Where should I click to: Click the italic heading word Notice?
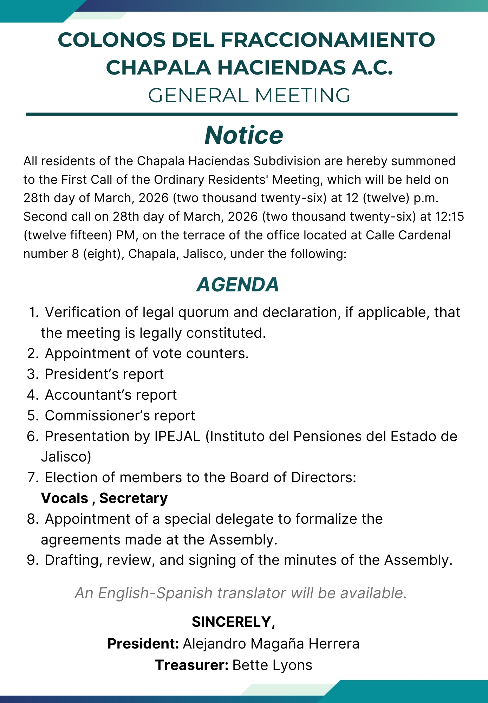pos(244,135)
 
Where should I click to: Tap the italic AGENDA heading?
pos(238,284)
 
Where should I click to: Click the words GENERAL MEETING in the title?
pos(249,95)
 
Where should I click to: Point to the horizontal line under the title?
pos(242,114)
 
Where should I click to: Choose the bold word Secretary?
pos(134,498)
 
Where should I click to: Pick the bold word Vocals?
pos(65,498)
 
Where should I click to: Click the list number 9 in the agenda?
pos(32,560)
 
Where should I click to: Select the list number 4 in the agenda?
pos(32,395)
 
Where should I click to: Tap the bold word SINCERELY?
pos(232,622)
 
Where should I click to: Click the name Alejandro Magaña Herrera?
pos(271,644)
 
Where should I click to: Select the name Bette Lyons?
pos(272,665)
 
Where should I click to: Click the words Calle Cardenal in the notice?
pos(408,235)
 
